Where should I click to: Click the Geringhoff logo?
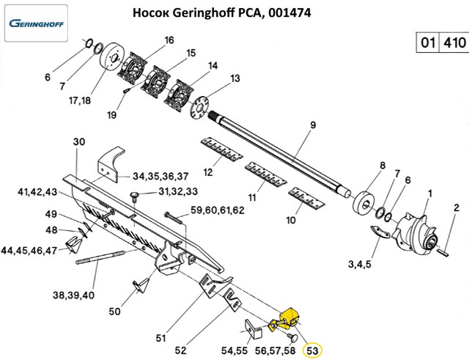pos(36,23)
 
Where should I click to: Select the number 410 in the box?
pos(452,43)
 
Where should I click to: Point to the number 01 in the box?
pos(425,43)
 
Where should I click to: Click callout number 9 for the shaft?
pos(312,125)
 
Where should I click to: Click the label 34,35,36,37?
pos(160,176)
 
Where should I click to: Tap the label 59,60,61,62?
pos(217,210)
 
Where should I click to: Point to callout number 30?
pos(80,141)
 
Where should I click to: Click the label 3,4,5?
pos(358,263)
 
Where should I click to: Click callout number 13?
pos(234,78)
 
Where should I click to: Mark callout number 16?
pos(169,40)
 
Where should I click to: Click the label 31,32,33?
pos(179,192)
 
